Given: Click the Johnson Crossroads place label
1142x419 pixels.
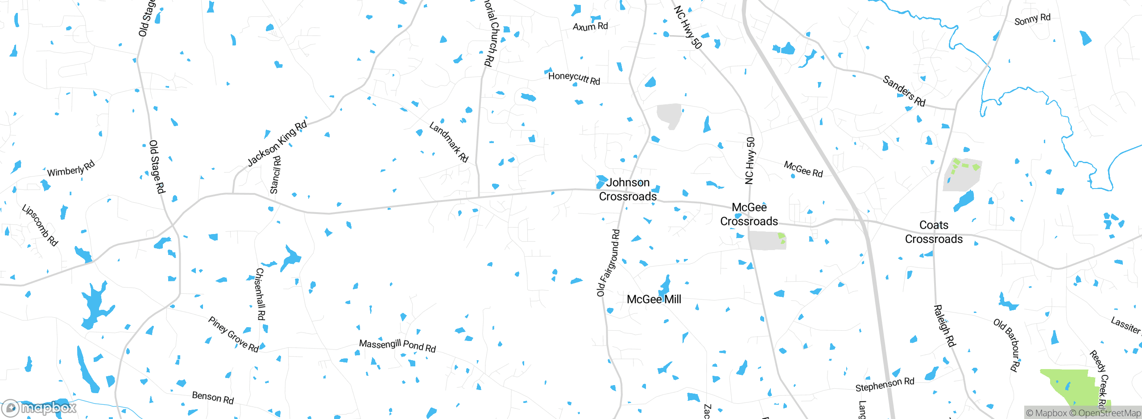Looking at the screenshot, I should point(628,189).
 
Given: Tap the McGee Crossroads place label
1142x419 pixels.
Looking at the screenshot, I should point(749,214).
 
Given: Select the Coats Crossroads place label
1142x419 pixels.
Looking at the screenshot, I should point(934,232).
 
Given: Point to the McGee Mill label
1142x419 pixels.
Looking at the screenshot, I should point(654,300).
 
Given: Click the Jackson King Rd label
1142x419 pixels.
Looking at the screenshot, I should point(277,143).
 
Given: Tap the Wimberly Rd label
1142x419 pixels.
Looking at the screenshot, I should point(71,169).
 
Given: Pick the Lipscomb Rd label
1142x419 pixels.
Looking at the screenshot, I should point(40,225).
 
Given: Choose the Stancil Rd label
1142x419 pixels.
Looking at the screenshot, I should point(276,175).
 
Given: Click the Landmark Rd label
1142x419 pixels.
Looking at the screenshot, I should point(449,142).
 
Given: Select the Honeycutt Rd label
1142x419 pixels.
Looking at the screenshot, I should point(574,78).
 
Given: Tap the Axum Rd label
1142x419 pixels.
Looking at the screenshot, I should point(590,27).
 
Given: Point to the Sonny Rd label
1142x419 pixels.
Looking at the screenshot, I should point(1032,20).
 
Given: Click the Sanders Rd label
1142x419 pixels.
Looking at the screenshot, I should point(904,91).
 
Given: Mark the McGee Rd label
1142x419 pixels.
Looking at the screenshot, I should point(803,169).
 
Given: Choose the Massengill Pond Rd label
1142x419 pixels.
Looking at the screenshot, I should point(397,345).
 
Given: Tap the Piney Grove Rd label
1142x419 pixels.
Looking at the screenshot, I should point(233,334).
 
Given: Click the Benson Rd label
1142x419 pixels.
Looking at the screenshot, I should point(213,397).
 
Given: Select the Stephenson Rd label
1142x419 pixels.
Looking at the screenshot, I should point(885,385).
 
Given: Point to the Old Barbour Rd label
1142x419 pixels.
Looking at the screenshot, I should point(1007,345).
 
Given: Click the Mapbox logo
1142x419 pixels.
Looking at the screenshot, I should point(39,408).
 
